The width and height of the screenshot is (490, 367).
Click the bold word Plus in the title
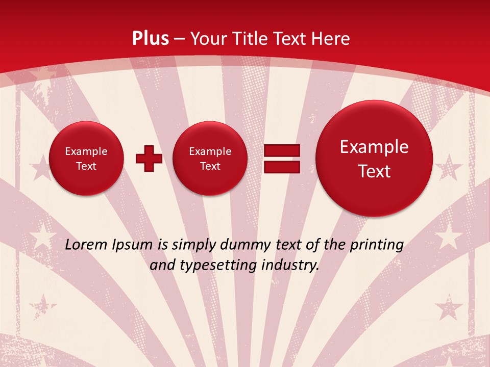pyautogui.click(x=150, y=39)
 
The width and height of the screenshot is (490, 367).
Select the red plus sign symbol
pyautogui.click(x=149, y=159)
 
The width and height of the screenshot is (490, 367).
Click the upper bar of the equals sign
pyautogui.click(x=281, y=150)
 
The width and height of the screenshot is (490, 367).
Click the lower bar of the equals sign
pyautogui.click(x=281, y=167)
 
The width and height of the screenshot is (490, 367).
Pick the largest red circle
pyautogui.click(x=374, y=159)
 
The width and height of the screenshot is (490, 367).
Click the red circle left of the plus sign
pyautogui.click(x=86, y=159)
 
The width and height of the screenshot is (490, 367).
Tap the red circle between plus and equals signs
pyautogui.click(x=210, y=159)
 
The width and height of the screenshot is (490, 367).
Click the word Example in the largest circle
pyautogui.click(x=374, y=147)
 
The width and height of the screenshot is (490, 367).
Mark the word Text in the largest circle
pyautogui.click(x=374, y=171)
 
